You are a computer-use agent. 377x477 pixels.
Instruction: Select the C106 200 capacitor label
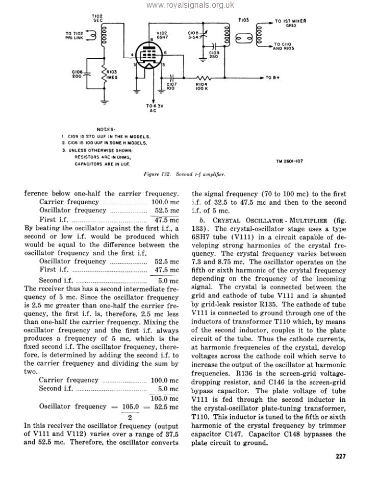[x=78, y=74]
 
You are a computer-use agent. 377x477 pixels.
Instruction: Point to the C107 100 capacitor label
[x=171, y=86]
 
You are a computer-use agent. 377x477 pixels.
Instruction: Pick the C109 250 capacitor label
[x=213, y=54]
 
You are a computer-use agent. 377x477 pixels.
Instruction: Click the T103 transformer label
[x=244, y=19]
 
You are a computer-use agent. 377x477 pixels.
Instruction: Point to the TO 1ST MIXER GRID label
[x=290, y=23]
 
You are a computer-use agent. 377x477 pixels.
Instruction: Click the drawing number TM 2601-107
[x=289, y=161]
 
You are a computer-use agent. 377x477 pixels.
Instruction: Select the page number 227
[x=340, y=457]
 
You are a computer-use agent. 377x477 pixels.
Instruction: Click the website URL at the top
[x=190, y=5]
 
